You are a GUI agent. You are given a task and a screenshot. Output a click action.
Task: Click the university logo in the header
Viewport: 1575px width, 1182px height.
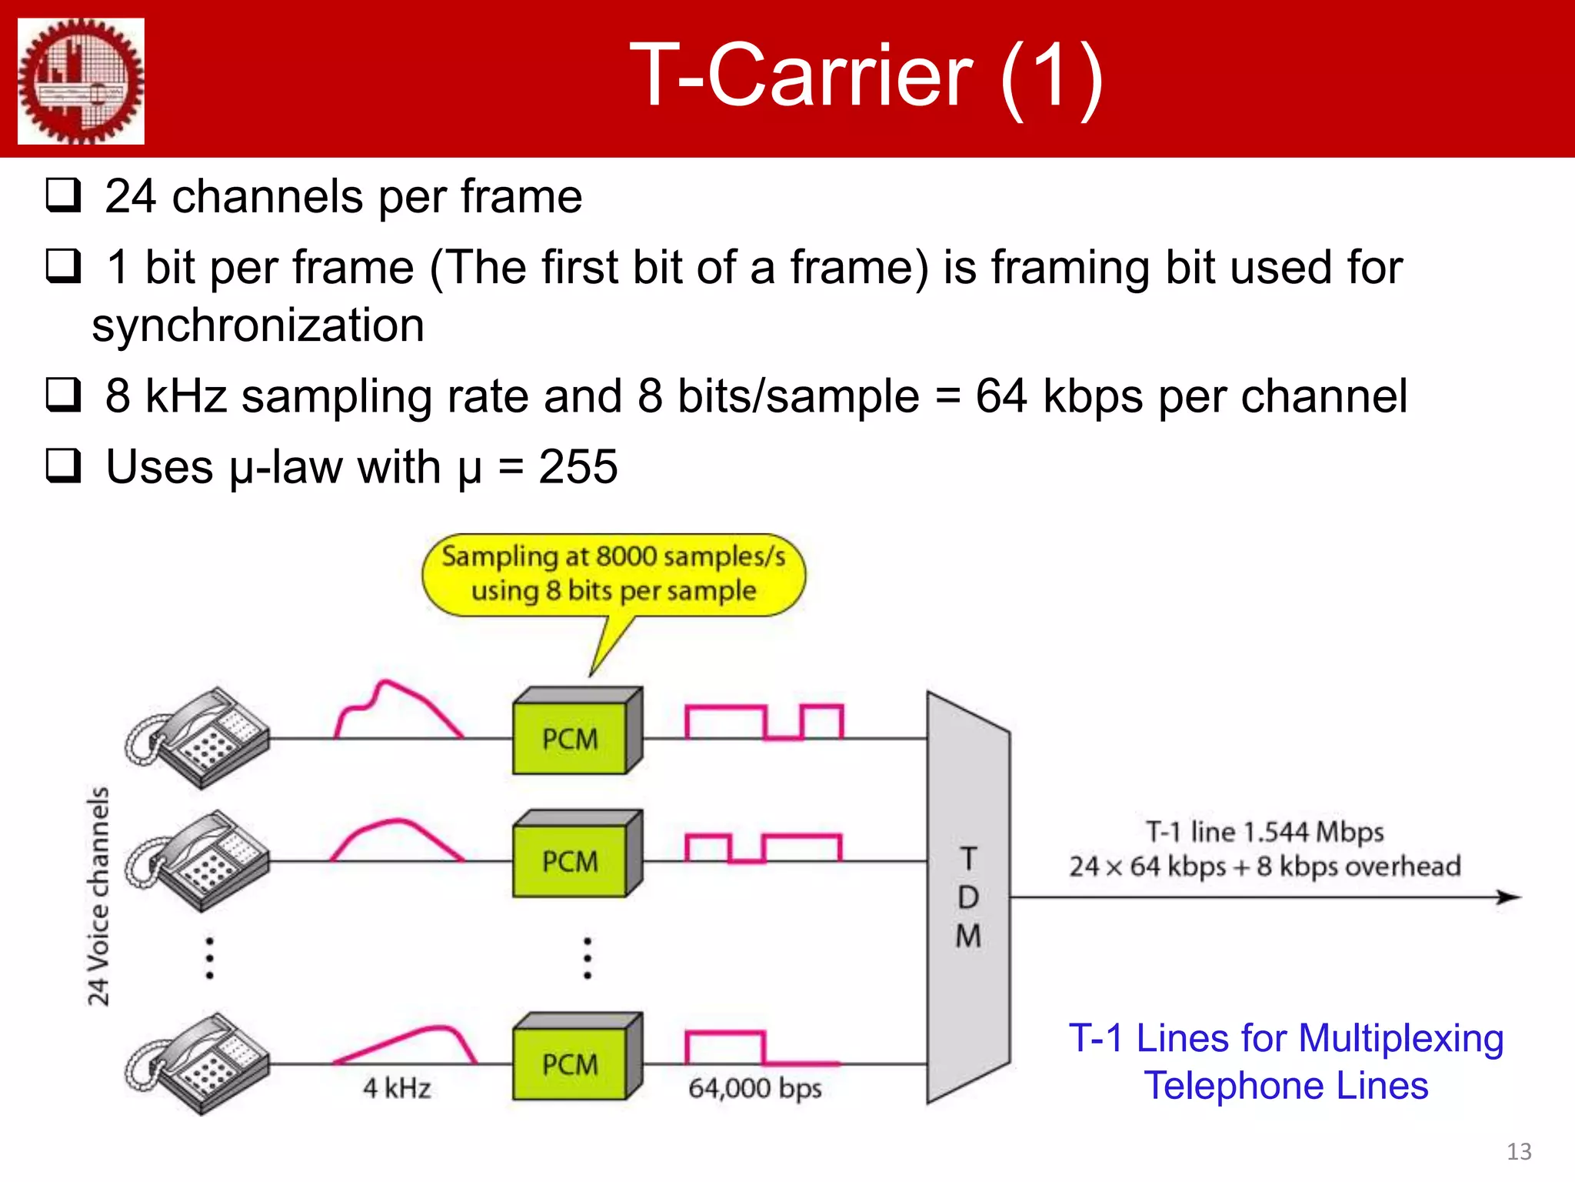(81, 81)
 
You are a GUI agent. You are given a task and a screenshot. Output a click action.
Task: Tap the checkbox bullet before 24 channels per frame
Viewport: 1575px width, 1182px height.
(63, 195)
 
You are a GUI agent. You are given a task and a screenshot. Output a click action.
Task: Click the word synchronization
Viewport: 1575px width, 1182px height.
(258, 325)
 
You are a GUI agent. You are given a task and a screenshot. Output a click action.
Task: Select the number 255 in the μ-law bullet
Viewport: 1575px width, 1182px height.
(578, 466)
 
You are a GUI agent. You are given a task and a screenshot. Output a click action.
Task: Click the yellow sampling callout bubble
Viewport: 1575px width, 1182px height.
(614, 574)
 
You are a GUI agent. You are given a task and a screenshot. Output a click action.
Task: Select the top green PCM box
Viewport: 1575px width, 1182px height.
(571, 738)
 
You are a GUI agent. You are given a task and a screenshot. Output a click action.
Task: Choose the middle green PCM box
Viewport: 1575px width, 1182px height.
(571, 860)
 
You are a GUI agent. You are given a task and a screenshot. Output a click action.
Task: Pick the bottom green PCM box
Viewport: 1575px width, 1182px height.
(571, 1063)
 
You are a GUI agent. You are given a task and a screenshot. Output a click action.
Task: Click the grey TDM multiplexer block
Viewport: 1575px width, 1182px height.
(968, 897)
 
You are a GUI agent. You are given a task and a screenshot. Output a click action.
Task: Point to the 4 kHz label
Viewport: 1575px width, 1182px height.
(397, 1088)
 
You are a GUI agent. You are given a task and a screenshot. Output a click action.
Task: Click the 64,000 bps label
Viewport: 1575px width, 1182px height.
(754, 1088)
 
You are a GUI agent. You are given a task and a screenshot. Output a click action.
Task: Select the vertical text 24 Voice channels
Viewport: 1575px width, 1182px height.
(98, 897)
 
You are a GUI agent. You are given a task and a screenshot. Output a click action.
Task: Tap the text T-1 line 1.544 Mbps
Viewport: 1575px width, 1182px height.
(1264, 832)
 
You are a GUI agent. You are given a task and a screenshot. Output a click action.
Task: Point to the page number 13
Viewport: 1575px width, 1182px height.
(1518, 1151)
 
